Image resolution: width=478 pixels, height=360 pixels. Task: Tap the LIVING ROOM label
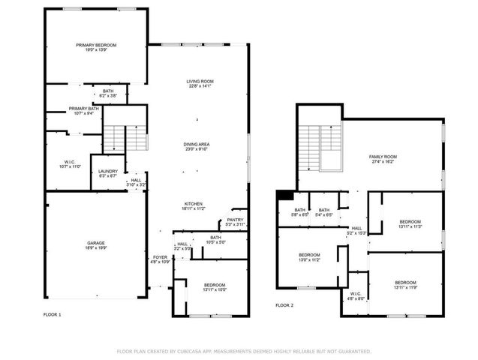(x=200, y=84)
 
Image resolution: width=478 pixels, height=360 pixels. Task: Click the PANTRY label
(x=236, y=223)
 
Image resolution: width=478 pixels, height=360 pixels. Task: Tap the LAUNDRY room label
(x=108, y=173)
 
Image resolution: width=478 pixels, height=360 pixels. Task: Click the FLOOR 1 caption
(x=52, y=315)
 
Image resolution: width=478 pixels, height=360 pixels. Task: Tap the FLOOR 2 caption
(x=284, y=305)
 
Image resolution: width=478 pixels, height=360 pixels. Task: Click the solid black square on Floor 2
(x=284, y=196)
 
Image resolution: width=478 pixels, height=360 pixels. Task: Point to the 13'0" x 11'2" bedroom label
(x=310, y=257)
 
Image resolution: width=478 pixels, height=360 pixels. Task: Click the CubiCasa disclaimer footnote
(x=244, y=351)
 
